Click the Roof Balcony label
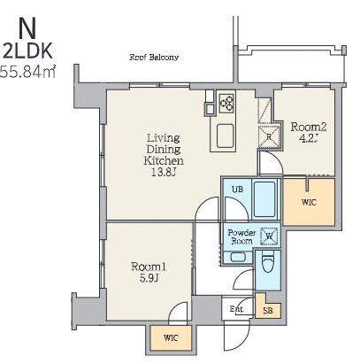(154, 57)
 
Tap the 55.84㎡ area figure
(27, 72)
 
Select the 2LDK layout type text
(27, 51)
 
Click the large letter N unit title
(27, 28)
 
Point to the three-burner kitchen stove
(226, 103)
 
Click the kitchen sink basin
(226, 136)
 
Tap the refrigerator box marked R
(269, 136)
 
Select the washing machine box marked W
(269, 236)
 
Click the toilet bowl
(268, 262)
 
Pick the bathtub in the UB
(264, 199)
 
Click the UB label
(237, 189)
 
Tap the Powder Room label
(241, 236)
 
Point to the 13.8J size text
(164, 173)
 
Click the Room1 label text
(149, 267)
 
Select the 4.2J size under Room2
(308, 138)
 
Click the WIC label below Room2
(309, 203)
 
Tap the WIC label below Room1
(171, 338)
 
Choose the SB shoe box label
(268, 311)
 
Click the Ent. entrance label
(237, 309)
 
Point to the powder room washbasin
(238, 257)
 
